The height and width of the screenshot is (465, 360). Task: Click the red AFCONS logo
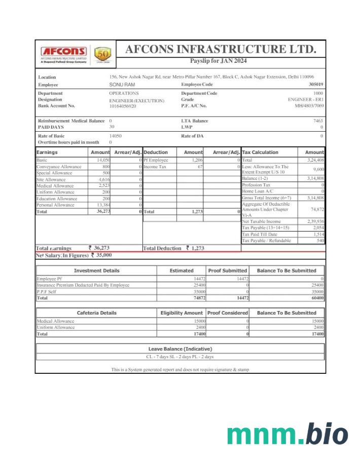(63, 52)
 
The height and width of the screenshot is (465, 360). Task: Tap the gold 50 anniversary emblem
(102, 54)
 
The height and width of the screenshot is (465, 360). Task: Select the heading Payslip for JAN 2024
(219, 61)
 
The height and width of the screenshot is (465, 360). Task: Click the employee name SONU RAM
(122, 85)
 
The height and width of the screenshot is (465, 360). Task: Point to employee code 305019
(315, 85)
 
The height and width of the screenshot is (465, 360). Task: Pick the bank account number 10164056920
(123, 106)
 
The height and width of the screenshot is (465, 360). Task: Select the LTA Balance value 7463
(318, 121)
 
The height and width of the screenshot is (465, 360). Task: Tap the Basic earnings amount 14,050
(103, 160)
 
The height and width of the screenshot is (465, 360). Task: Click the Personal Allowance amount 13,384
(103, 205)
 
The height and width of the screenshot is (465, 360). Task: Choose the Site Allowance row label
(51, 179)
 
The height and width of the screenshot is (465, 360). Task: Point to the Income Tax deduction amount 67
(200, 167)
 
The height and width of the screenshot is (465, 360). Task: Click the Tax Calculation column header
(260, 152)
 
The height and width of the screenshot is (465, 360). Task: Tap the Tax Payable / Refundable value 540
(320, 241)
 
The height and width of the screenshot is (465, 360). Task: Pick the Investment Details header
(96, 270)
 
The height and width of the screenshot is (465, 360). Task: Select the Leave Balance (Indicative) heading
(180, 349)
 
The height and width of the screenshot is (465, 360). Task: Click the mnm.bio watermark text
(287, 435)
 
